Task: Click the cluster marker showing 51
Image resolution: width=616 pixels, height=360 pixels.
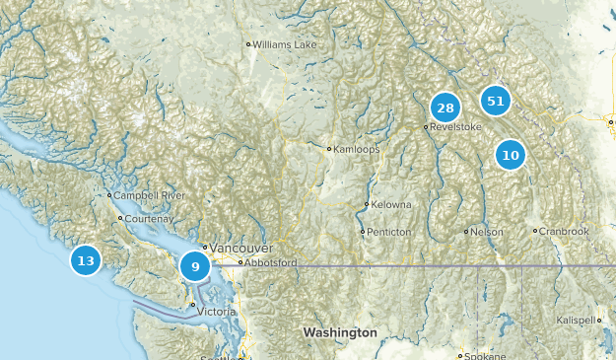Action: pos(495,101)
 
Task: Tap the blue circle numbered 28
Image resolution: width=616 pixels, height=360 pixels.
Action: pos(445,108)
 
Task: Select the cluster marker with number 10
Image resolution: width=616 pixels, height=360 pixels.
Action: pos(510,155)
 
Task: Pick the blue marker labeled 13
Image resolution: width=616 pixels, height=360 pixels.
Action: pos(86,260)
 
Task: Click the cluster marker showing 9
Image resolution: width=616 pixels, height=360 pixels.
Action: pos(195,265)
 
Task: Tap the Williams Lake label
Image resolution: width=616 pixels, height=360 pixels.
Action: pos(285,44)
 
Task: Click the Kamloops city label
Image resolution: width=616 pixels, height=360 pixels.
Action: pos(356,149)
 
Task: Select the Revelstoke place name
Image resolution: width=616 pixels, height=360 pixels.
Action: pos(455,127)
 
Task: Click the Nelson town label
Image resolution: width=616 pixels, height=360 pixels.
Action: pos(487,232)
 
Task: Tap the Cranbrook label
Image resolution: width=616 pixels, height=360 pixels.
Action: pos(564,232)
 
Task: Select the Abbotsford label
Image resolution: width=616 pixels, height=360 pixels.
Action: pos(272,263)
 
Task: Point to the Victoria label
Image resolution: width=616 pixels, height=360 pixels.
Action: pos(217,312)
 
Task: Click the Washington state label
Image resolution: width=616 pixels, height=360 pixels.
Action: pos(340,333)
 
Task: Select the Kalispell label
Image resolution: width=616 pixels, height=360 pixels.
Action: pos(577,321)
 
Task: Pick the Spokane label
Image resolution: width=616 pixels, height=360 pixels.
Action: pos(485,355)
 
